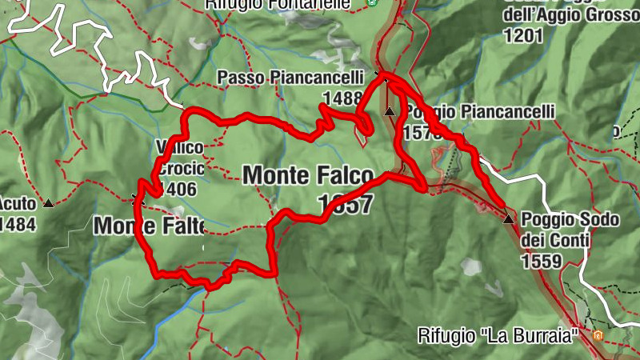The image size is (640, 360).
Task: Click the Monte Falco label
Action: [308, 175]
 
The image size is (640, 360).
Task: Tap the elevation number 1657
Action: [345, 204]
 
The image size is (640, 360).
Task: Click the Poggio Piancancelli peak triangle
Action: [390, 112]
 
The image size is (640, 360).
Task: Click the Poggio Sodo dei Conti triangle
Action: [509, 218]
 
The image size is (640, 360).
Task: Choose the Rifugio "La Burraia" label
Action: [498, 336]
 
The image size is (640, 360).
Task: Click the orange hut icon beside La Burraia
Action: [596, 335]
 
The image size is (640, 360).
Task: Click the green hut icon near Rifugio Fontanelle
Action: [370, 3]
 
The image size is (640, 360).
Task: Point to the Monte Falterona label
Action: [149, 226]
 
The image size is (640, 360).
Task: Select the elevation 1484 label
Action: [18, 225]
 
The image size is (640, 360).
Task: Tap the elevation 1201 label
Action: [524, 35]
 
